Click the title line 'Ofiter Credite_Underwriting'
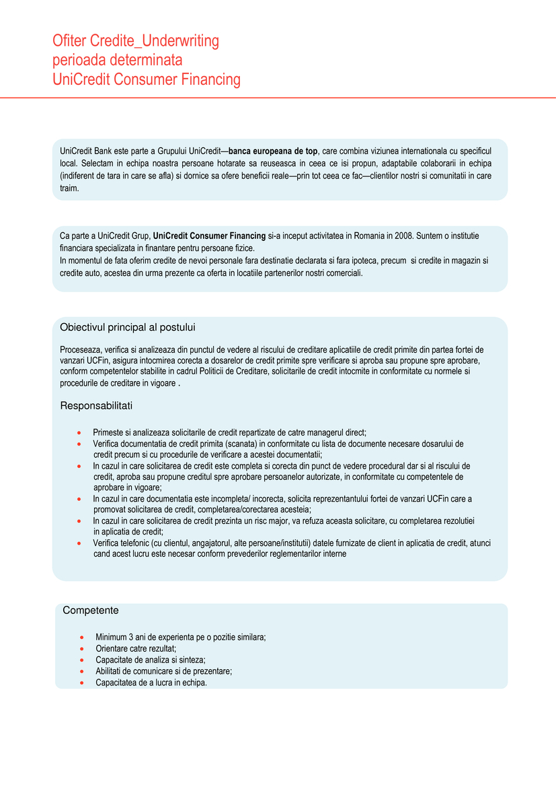136,41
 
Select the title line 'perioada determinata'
118,61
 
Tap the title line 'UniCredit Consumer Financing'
147,79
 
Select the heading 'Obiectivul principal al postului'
128,327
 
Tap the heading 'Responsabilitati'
97,406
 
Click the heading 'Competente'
91,611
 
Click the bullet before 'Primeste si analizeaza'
79,432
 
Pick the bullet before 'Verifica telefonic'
79,543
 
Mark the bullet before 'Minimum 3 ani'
81,637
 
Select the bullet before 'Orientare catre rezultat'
81,648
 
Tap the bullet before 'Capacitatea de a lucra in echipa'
81,683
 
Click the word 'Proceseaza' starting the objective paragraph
80,350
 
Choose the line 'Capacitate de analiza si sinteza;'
151,660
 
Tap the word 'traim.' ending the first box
69,189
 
